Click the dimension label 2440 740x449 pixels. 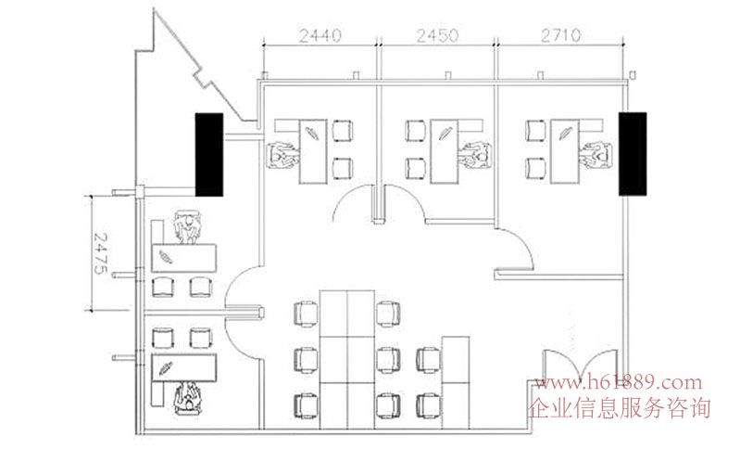point(320,35)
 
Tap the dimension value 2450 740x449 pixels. point(437,35)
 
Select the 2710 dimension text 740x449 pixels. point(560,35)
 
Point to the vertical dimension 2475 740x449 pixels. point(101,253)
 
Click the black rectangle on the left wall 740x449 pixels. point(209,155)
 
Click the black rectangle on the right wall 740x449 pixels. point(633,154)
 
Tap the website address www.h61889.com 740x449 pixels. point(619,382)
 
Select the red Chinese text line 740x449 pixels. point(619,408)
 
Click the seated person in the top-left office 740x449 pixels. point(282,155)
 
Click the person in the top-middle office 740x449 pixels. point(475,155)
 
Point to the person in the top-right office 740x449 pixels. point(596,155)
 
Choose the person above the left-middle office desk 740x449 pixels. point(187,227)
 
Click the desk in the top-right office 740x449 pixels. point(565,151)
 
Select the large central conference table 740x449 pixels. point(347,360)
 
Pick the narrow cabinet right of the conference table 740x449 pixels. point(456,383)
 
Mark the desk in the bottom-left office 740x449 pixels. point(183,367)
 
